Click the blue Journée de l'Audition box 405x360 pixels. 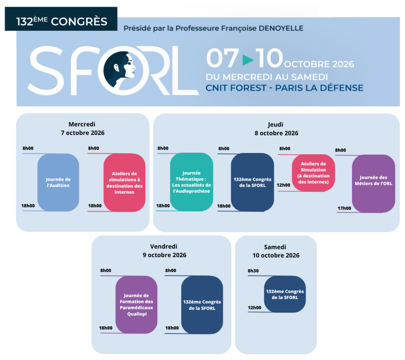tap(58, 182)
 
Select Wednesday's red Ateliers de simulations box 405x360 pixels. tap(125, 182)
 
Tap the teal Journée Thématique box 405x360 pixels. tap(192, 182)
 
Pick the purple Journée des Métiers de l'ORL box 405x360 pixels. tap(373, 184)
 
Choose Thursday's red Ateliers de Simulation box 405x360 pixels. tap(313, 172)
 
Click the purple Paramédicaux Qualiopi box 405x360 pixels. tap(136, 305)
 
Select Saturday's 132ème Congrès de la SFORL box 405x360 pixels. tap(285, 294)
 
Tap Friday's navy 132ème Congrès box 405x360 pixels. tap(202, 305)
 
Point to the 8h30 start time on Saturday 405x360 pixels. tap(253, 271)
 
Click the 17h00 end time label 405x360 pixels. tap(344, 208)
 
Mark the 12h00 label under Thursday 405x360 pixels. tap(283, 185)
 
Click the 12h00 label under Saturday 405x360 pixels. tap(254, 307)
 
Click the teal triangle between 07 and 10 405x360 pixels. tap(248, 60)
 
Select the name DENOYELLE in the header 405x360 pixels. tap(281, 28)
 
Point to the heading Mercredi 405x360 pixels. tap(82, 124)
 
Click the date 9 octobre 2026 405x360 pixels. tap(165, 255)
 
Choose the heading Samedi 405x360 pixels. tap(275, 247)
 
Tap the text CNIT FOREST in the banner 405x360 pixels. tap(236, 88)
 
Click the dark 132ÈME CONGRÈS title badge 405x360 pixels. tap(61, 19)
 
